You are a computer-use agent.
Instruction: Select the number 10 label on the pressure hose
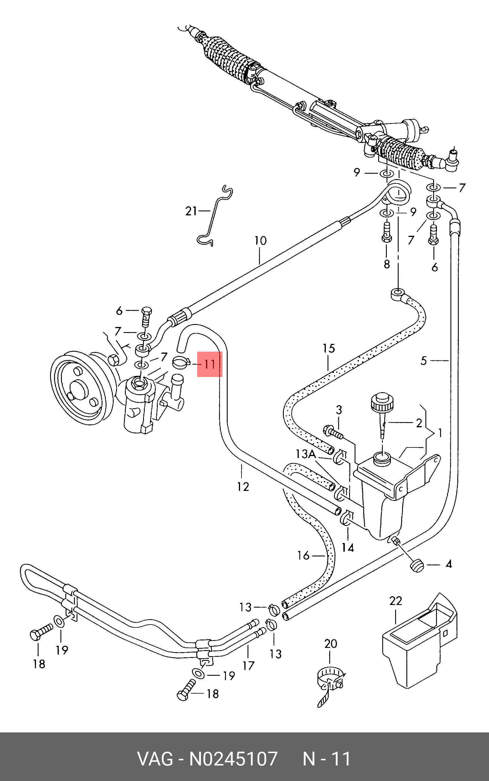click(x=260, y=241)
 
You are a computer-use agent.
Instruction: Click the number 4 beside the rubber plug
click(x=449, y=564)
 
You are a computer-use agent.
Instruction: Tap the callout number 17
click(x=248, y=665)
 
